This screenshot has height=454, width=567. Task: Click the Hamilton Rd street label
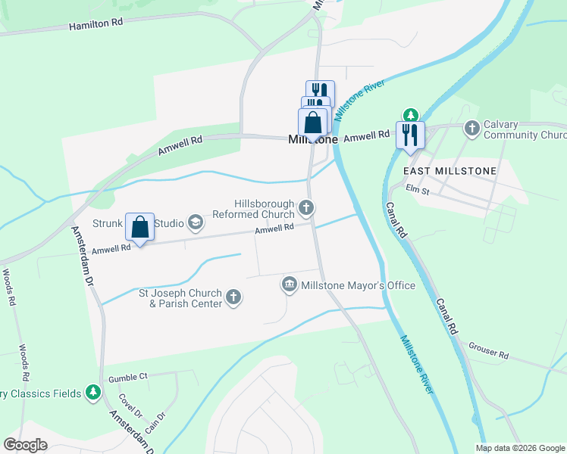tap(96, 24)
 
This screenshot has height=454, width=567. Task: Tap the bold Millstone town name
tap(312, 140)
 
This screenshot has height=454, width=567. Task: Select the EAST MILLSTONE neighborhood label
tap(449, 171)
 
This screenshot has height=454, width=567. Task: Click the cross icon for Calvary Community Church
tap(472, 129)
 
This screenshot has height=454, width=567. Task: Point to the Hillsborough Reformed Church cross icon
tap(306, 207)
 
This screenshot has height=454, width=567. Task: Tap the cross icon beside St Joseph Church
tap(233, 297)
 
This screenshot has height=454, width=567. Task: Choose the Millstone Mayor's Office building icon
tap(289, 285)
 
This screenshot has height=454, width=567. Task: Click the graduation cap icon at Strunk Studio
tap(196, 222)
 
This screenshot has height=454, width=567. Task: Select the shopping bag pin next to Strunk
tap(139, 227)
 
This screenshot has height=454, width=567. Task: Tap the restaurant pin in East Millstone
tap(410, 135)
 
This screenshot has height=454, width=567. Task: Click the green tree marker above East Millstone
tap(410, 115)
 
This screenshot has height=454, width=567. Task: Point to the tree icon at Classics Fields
tap(92, 392)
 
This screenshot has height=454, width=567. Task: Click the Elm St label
tap(418, 190)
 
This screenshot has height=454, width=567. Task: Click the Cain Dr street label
tap(155, 421)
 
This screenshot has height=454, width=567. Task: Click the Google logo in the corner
tap(26, 444)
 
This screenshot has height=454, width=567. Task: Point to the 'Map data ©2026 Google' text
tap(519, 448)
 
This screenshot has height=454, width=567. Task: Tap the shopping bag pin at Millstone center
tap(312, 122)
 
